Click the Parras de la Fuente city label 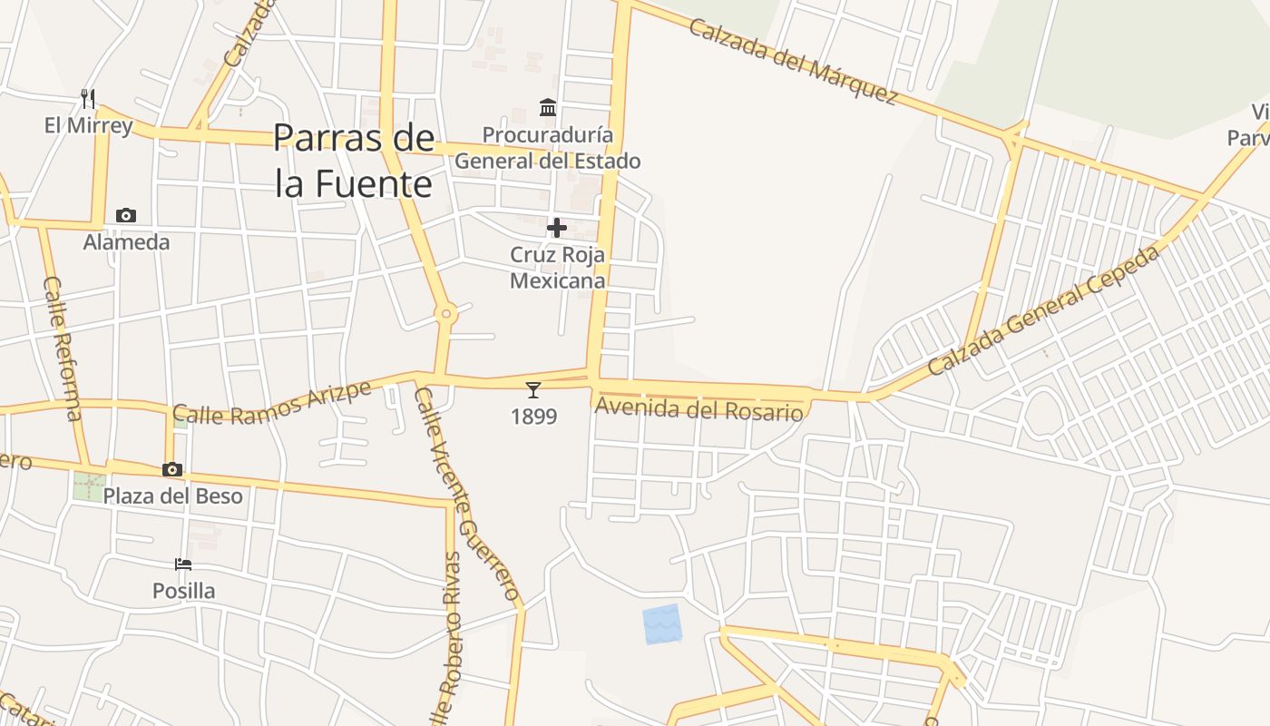tap(354, 161)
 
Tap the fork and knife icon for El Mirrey tap(88, 98)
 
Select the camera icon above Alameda tap(126, 215)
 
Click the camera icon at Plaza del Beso tap(172, 469)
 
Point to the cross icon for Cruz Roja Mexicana tap(557, 228)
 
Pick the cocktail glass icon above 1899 tap(533, 390)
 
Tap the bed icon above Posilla tap(183, 564)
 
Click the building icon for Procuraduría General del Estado tap(548, 108)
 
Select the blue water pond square tap(661, 624)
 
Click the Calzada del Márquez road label tap(793, 60)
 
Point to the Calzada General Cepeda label tap(1043, 310)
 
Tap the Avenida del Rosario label tap(698, 409)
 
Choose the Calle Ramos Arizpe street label tap(272, 403)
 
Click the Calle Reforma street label tap(62, 348)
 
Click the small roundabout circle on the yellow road tap(445, 314)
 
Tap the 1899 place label tap(533, 417)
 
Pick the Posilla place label tap(184, 591)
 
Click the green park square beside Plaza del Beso tap(89, 486)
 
